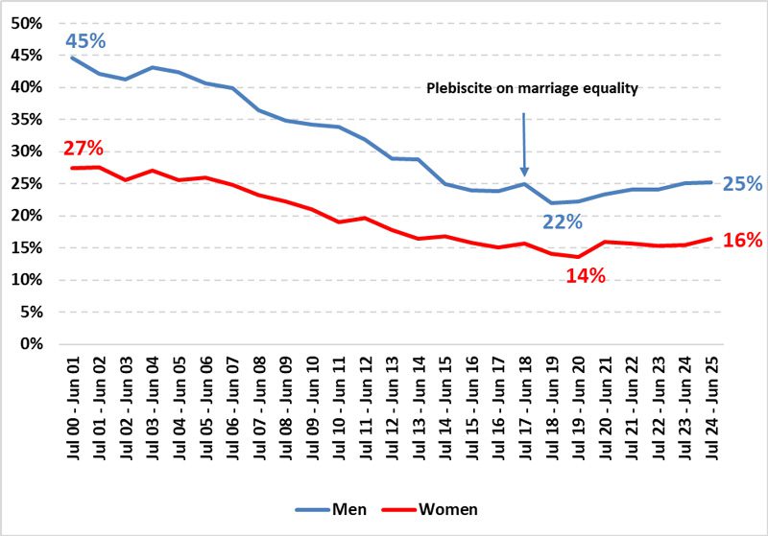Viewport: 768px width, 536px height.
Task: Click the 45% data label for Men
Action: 86,41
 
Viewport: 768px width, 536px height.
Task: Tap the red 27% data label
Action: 84,149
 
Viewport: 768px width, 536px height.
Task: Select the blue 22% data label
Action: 563,221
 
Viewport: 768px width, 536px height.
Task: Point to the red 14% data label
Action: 585,276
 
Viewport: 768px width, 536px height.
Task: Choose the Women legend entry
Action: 429,509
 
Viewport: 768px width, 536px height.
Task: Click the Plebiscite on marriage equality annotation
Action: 532,88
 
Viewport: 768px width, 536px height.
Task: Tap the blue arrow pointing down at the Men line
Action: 524,144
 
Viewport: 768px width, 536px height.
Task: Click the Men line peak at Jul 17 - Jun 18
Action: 524,184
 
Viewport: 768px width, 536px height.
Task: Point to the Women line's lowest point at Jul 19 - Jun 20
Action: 577,257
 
